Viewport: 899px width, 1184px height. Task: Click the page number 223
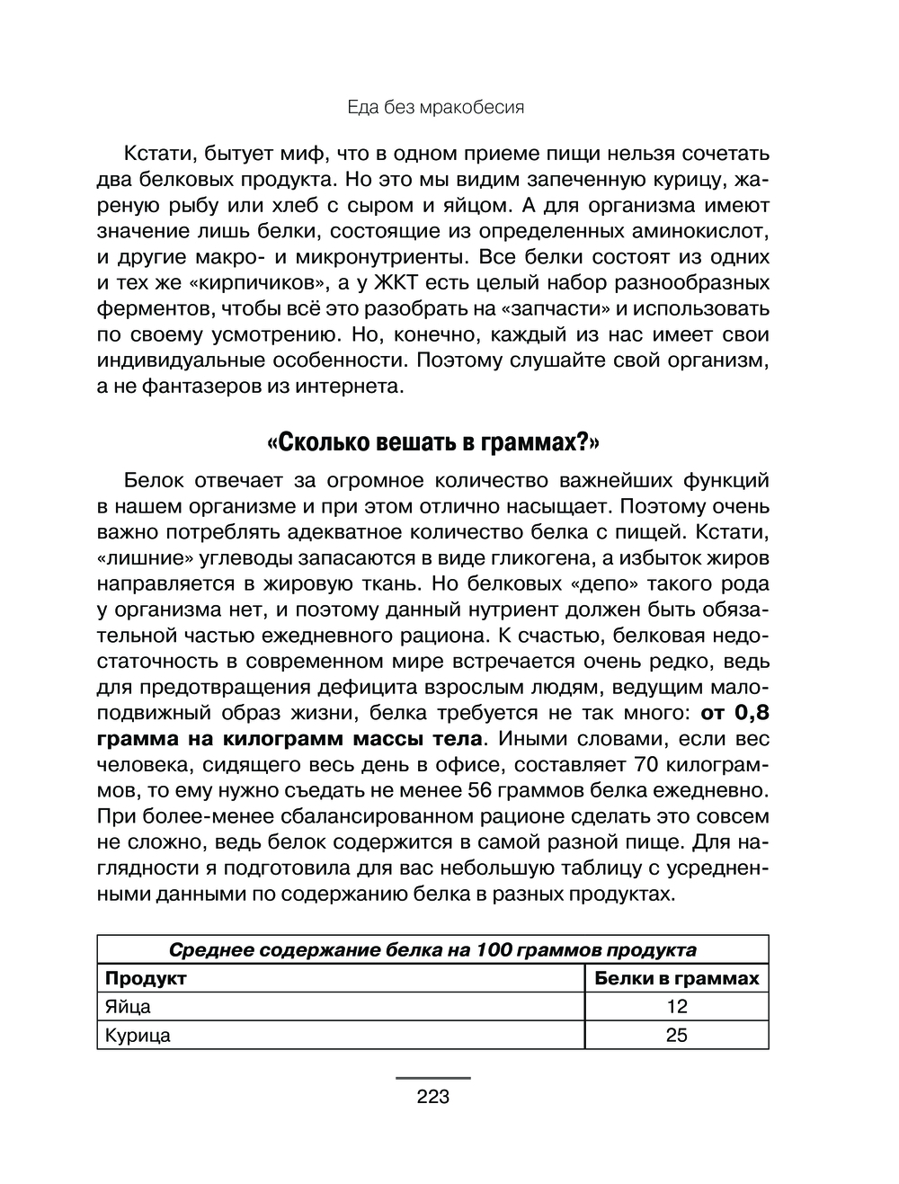432,1097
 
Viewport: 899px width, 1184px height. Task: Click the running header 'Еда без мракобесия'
435,108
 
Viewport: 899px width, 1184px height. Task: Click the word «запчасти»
557,308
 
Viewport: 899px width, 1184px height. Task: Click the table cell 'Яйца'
128,1006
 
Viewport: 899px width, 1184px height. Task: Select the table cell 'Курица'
138,1035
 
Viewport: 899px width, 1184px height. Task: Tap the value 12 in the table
677,1006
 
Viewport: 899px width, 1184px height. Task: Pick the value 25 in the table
677,1035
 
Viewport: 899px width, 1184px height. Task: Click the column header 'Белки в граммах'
677,978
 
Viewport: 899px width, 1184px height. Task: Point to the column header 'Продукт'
146,978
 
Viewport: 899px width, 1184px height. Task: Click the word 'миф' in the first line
302,153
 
